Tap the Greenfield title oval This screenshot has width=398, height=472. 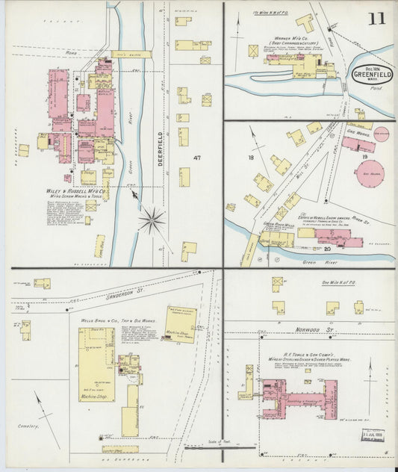pyautogui.click(x=371, y=75)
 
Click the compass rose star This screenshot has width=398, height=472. pyautogui.click(x=152, y=220)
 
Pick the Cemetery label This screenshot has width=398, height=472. pyautogui.click(x=28, y=426)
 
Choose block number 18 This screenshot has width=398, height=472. pyautogui.click(x=252, y=158)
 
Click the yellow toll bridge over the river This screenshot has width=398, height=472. pyautogui.click(x=132, y=54)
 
